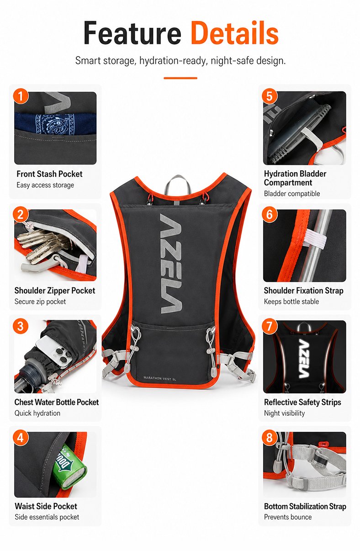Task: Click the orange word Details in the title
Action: [234, 33]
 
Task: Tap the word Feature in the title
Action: [132, 33]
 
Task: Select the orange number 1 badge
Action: [21, 96]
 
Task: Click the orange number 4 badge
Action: [21, 438]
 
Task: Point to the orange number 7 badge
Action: [270, 326]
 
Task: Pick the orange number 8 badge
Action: [270, 438]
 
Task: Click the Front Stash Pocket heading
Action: [49, 174]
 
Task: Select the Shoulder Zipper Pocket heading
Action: [54, 291]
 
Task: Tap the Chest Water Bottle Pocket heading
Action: [57, 402]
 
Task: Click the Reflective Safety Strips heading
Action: [302, 402]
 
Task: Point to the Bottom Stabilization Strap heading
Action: [305, 506]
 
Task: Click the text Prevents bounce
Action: [288, 517]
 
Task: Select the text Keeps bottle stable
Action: [291, 302]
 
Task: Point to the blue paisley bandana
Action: [55, 123]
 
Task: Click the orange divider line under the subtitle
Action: [180, 78]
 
